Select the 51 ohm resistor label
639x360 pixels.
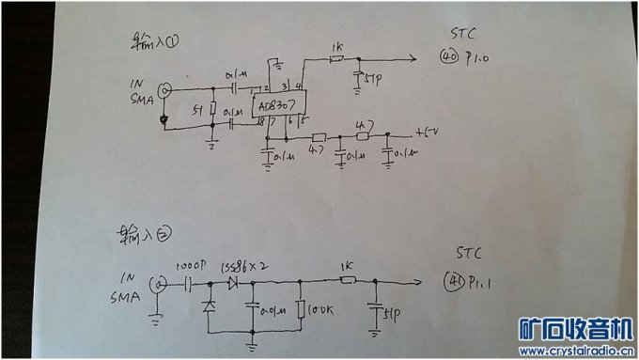coord(196,110)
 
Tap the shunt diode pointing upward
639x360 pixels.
coord(208,306)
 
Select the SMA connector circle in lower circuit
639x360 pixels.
coord(159,283)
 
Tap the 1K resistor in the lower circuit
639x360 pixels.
coord(347,280)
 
